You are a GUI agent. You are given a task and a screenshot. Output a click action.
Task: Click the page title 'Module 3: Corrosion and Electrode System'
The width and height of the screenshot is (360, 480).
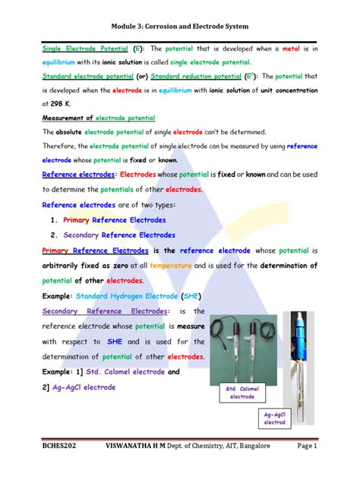179,16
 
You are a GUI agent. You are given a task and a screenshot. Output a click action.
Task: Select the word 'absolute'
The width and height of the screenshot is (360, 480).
74,132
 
